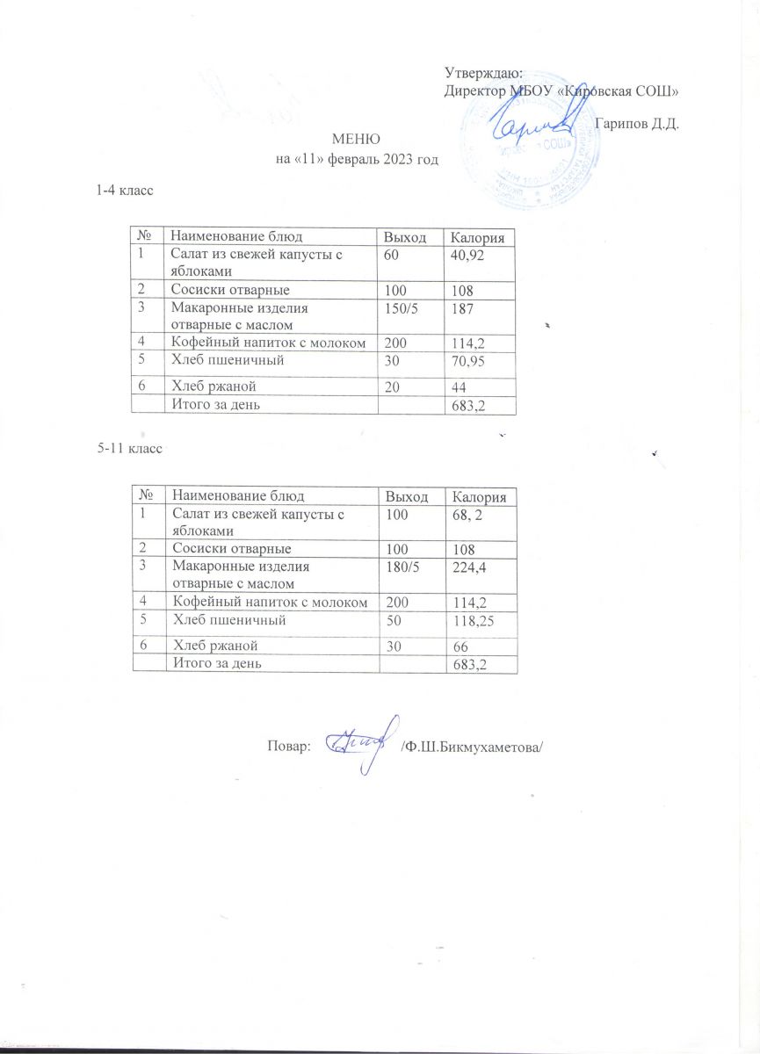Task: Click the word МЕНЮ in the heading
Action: coord(355,140)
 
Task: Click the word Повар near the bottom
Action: coord(287,747)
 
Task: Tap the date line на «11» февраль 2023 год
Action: coord(356,159)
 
